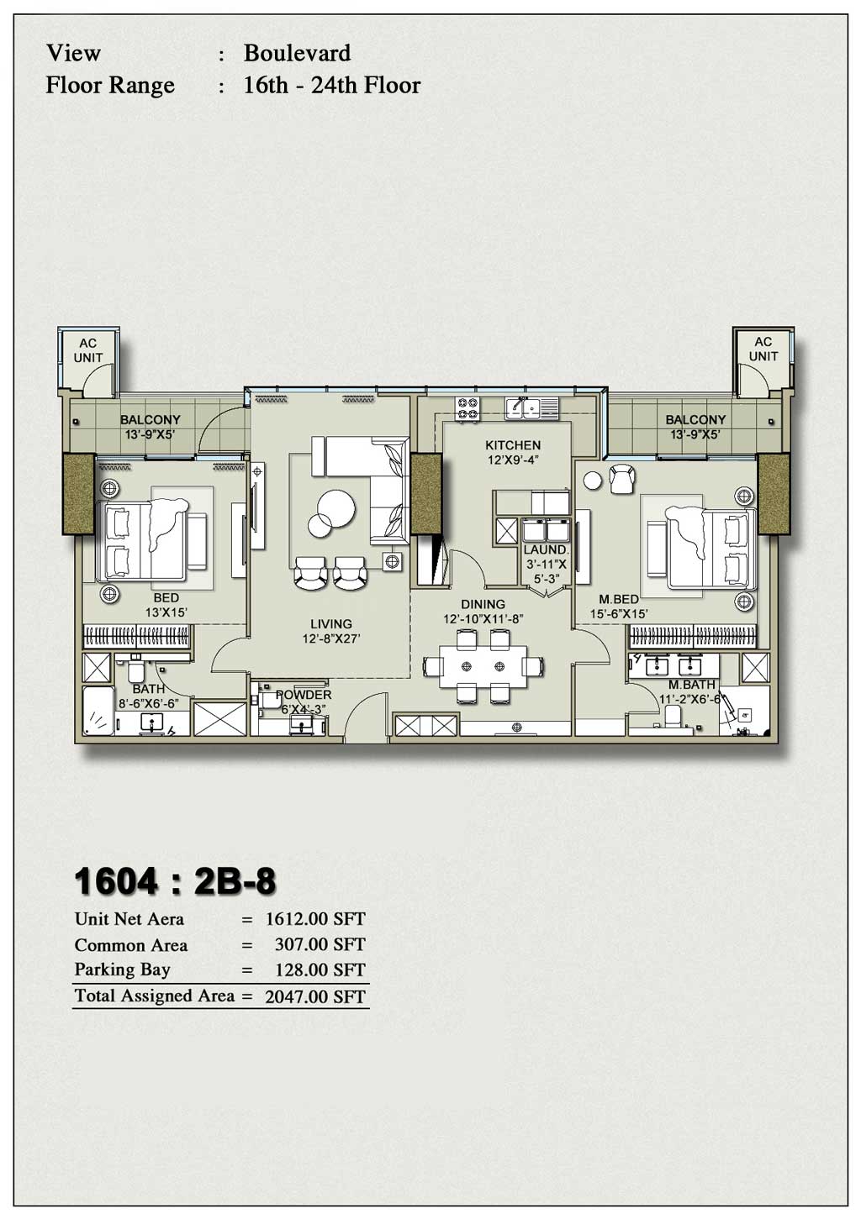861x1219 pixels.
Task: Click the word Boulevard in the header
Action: (x=297, y=53)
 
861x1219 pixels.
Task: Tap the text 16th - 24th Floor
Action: (x=331, y=86)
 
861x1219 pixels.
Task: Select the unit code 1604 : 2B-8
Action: (x=175, y=882)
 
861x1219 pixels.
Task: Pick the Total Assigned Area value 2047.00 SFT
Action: (x=315, y=997)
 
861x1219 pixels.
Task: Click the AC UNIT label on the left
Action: (x=87, y=350)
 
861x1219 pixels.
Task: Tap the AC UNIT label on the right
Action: (x=763, y=349)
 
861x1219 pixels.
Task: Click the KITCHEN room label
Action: (x=513, y=445)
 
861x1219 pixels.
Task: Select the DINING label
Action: (x=483, y=604)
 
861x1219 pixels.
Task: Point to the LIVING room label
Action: (x=330, y=623)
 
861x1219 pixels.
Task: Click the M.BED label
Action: (x=618, y=599)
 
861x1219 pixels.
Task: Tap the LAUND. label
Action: (x=545, y=549)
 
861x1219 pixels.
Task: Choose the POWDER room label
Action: (x=304, y=695)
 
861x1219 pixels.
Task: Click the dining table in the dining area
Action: (x=483, y=666)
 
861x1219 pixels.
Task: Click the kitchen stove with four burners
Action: (x=468, y=409)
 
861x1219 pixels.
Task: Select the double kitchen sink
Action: (x=523, y=408)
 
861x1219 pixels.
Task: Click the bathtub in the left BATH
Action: (x=98, y=712)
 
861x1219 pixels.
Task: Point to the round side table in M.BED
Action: (x=593, y=481)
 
